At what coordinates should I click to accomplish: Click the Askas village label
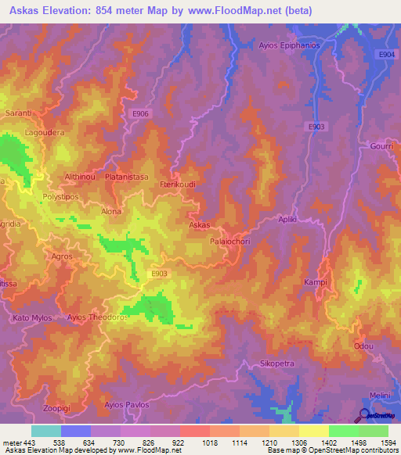(x=199, y=224)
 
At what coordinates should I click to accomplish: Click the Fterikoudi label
(x=177, y=184)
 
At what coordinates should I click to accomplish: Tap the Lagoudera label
(x=45, y=133)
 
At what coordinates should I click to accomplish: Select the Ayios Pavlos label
(x=125, y=405)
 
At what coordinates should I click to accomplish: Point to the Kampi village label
(x=315, y=281)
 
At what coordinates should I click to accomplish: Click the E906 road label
(x=140, y=114)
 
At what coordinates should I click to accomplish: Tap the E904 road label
(x=385, y=53)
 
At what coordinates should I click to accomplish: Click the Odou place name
(x=363, y=346)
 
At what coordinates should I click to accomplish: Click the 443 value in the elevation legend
(x=29, y=441)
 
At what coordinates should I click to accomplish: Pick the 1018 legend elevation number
(x=208, y=441)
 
